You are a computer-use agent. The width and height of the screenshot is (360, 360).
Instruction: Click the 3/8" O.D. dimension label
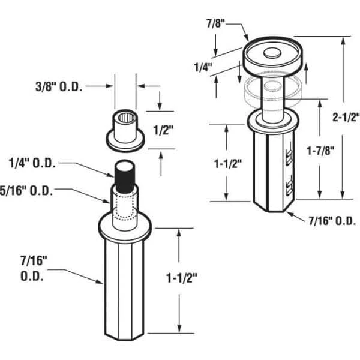click(59, 87)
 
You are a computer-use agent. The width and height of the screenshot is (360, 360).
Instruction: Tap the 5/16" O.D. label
click(26, 191)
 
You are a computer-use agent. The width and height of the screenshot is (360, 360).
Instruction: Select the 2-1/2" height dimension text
click(346, 118)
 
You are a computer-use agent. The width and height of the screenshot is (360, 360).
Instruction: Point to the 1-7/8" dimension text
click(320, 151)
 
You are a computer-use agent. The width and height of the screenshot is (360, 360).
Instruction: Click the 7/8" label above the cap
click(215, 23)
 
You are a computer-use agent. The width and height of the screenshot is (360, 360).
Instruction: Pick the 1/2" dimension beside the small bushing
click(163, 130)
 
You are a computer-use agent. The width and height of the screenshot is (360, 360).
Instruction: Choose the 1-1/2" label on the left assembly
click(182, 278)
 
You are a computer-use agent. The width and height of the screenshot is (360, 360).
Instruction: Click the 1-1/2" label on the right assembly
click(228, 164)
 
